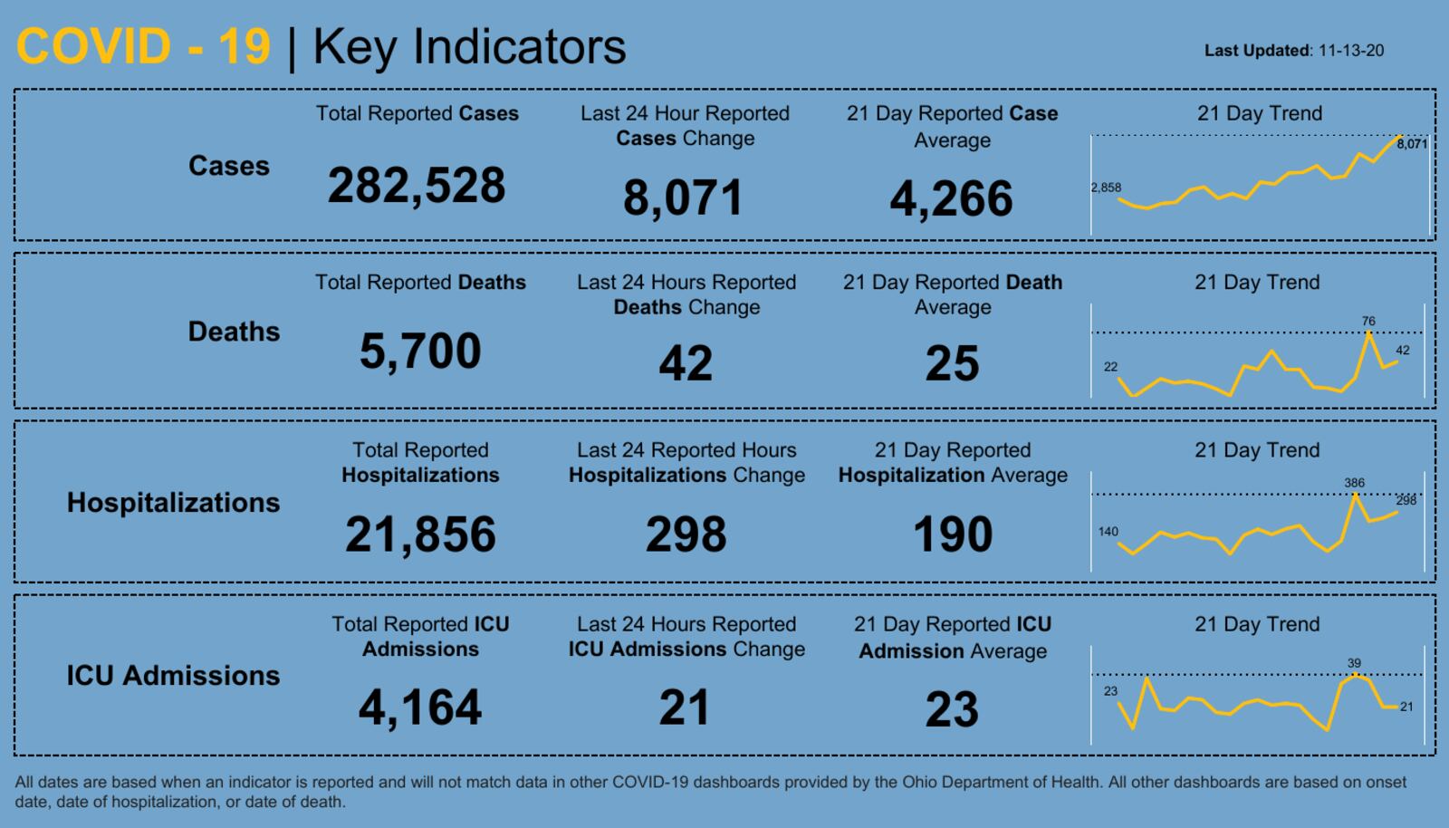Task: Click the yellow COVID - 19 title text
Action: click(x=143, y=46)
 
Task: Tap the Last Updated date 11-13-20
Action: click(x=1350, y=51)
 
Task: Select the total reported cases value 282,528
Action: click(x=417, y=186)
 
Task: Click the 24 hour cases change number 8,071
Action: click(x=683, y=197)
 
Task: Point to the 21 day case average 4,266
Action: click(x=951, y=198)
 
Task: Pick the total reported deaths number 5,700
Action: click(x=420, y=351)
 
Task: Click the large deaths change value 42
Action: click(x=686, y=363)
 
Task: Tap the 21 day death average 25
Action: click(x=952, y=363)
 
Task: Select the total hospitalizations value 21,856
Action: click(x=420, y=534)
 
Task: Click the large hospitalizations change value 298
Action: click(x=686, y=534)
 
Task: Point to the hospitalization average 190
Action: click(x=953, y=534)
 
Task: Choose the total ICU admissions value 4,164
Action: click(x=420, y=708)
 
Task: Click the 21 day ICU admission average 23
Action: click(x=952, y=709)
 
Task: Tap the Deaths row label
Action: click(x=234, y=332)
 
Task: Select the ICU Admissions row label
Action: click(x=173, y=676)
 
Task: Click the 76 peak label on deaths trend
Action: click(x=1368, y=322)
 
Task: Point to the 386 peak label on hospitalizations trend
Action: click(x=1354, y=483)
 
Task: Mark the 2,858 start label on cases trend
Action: click(x=1106, y=188)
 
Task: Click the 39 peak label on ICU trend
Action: click(x=1354, y=663)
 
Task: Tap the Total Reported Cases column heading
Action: click(x=417, y=113)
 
